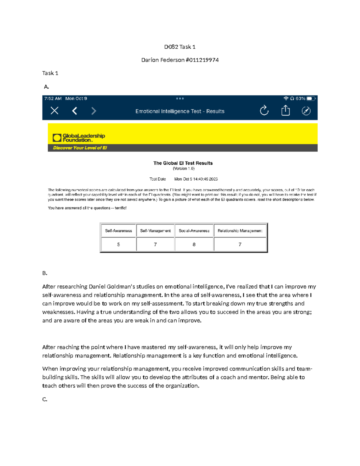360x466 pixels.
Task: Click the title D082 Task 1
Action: coord(180,47)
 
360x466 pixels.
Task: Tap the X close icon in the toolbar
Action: coord(54,111)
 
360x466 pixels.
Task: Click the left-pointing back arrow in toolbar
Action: coord(75,111)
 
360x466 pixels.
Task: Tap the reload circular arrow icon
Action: coord(264,111)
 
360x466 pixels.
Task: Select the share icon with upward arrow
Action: coord(285,110)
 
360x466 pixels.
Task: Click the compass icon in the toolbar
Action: coord(306,111)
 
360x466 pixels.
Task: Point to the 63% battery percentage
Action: coord(300,98)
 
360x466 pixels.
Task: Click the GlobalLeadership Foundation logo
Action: coord(79,138)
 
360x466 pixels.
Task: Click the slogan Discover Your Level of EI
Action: coord(80,148)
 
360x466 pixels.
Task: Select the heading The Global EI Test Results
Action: coord(183,163)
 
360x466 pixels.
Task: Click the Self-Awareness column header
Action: coord(118,231)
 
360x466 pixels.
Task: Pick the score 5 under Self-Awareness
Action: coord(118,245)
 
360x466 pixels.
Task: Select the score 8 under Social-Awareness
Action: coord(194,245)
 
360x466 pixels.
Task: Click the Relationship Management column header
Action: coord(240,231)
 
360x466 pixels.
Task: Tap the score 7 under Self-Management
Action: coord(155,245)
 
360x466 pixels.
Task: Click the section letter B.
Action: coord(45,273)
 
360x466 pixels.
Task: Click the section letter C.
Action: coord(45,399)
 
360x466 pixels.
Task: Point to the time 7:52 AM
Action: coord(53,98)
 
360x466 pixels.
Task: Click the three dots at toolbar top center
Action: coord(180,98)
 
